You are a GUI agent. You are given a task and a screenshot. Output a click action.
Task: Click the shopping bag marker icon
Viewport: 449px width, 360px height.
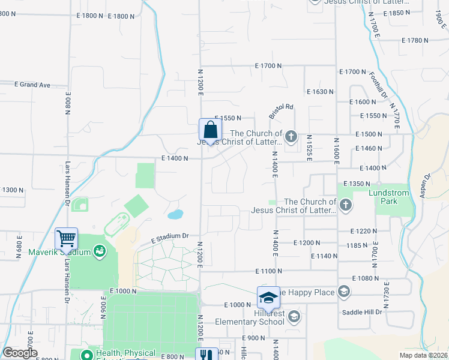(210, 130)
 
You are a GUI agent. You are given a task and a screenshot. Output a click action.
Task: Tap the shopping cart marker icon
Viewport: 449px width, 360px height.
(66, 238)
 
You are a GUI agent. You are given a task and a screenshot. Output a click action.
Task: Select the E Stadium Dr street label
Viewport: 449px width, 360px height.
(170, 236)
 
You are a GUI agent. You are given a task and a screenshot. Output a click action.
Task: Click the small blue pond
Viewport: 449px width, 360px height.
(175, 214)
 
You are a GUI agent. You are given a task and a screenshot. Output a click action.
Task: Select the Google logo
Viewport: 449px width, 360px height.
(20, 353)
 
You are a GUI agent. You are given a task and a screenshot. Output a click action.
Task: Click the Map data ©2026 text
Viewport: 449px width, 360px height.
(423, 355)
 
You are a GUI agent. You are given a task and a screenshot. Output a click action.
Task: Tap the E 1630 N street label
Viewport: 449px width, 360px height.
(319, 92)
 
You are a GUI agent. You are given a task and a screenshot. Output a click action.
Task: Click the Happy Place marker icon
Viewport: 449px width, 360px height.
(343, 292)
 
